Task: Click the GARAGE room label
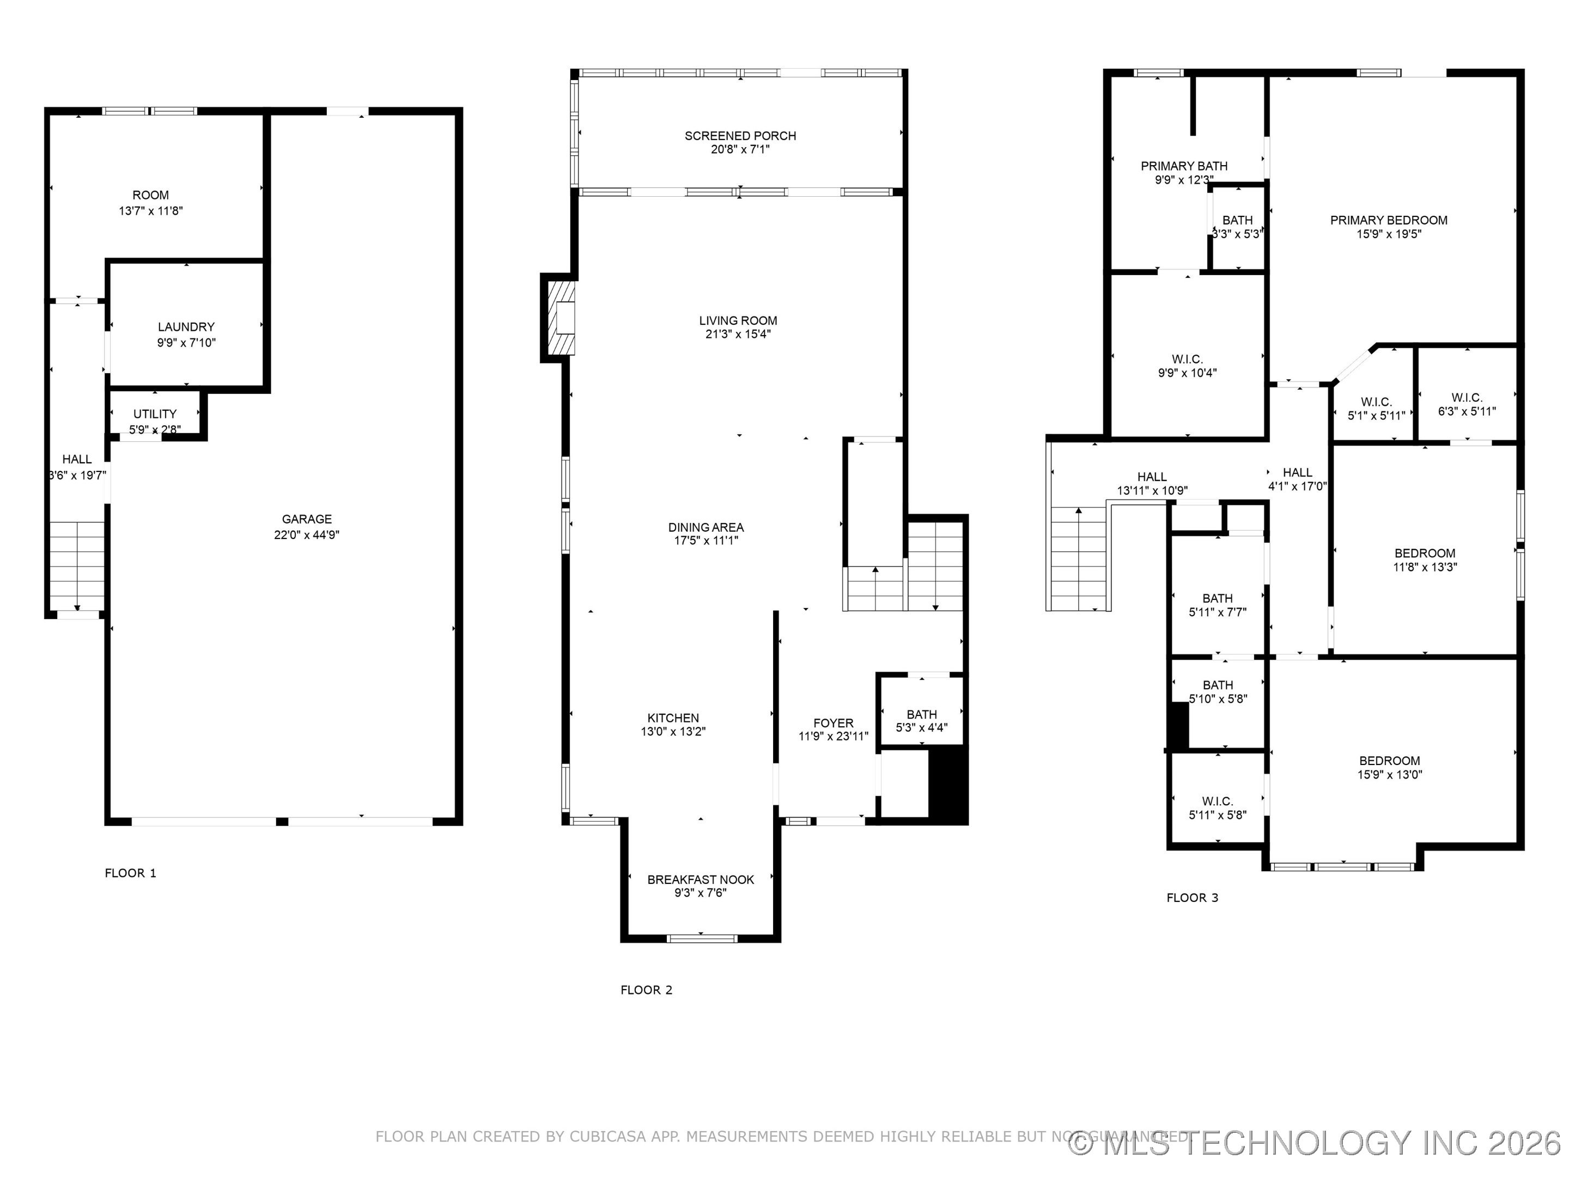(306, 519)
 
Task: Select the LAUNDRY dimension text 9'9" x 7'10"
(186, 343)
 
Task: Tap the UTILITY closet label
(155, 414)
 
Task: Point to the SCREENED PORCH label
(740, 136)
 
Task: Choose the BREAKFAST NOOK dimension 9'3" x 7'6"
(700, 893)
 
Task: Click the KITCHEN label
(672, 718)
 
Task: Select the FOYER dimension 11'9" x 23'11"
(833, 736)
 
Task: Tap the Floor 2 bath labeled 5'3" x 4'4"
(921, 720)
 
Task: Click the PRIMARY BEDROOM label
(1388, 220)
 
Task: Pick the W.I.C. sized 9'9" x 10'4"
(1187, 366)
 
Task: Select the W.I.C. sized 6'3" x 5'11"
(1466, 404)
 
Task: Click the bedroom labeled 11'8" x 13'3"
(1424, 560)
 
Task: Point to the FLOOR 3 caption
(1191, 897)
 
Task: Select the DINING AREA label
(705, 527)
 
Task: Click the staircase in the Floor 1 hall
(77, 564)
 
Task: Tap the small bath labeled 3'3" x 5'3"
(1237, 227)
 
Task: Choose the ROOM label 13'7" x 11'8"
(150, 203)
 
